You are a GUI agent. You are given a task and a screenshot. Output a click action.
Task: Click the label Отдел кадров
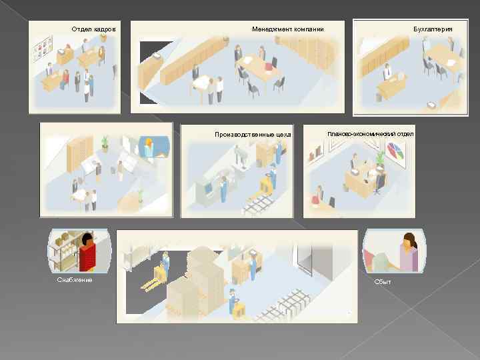[94, 29]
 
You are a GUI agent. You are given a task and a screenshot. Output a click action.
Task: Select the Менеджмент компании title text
[288, 29]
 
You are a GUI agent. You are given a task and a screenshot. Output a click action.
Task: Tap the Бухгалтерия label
[433, 29]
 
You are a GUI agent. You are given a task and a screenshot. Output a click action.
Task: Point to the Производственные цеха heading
[253, 135]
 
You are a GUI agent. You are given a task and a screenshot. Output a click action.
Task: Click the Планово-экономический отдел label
[371, 134]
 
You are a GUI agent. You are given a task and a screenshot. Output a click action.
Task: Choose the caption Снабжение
[75, 280]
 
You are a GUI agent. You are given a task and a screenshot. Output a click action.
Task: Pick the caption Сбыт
[383, 281]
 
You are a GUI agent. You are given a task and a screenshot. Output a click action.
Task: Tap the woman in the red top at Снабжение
[87, 253]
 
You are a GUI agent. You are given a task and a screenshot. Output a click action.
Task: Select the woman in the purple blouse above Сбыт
[409, 252]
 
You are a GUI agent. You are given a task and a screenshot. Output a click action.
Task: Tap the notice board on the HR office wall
[43, 48]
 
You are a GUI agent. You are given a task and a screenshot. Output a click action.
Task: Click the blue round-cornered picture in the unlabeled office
[154, 147]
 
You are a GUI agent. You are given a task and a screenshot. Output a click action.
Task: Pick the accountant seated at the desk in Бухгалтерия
[387, 71]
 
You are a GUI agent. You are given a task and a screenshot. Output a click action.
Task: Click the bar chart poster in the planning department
[316, 153]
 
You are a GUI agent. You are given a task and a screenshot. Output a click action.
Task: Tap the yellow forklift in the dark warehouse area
[153, 277]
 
